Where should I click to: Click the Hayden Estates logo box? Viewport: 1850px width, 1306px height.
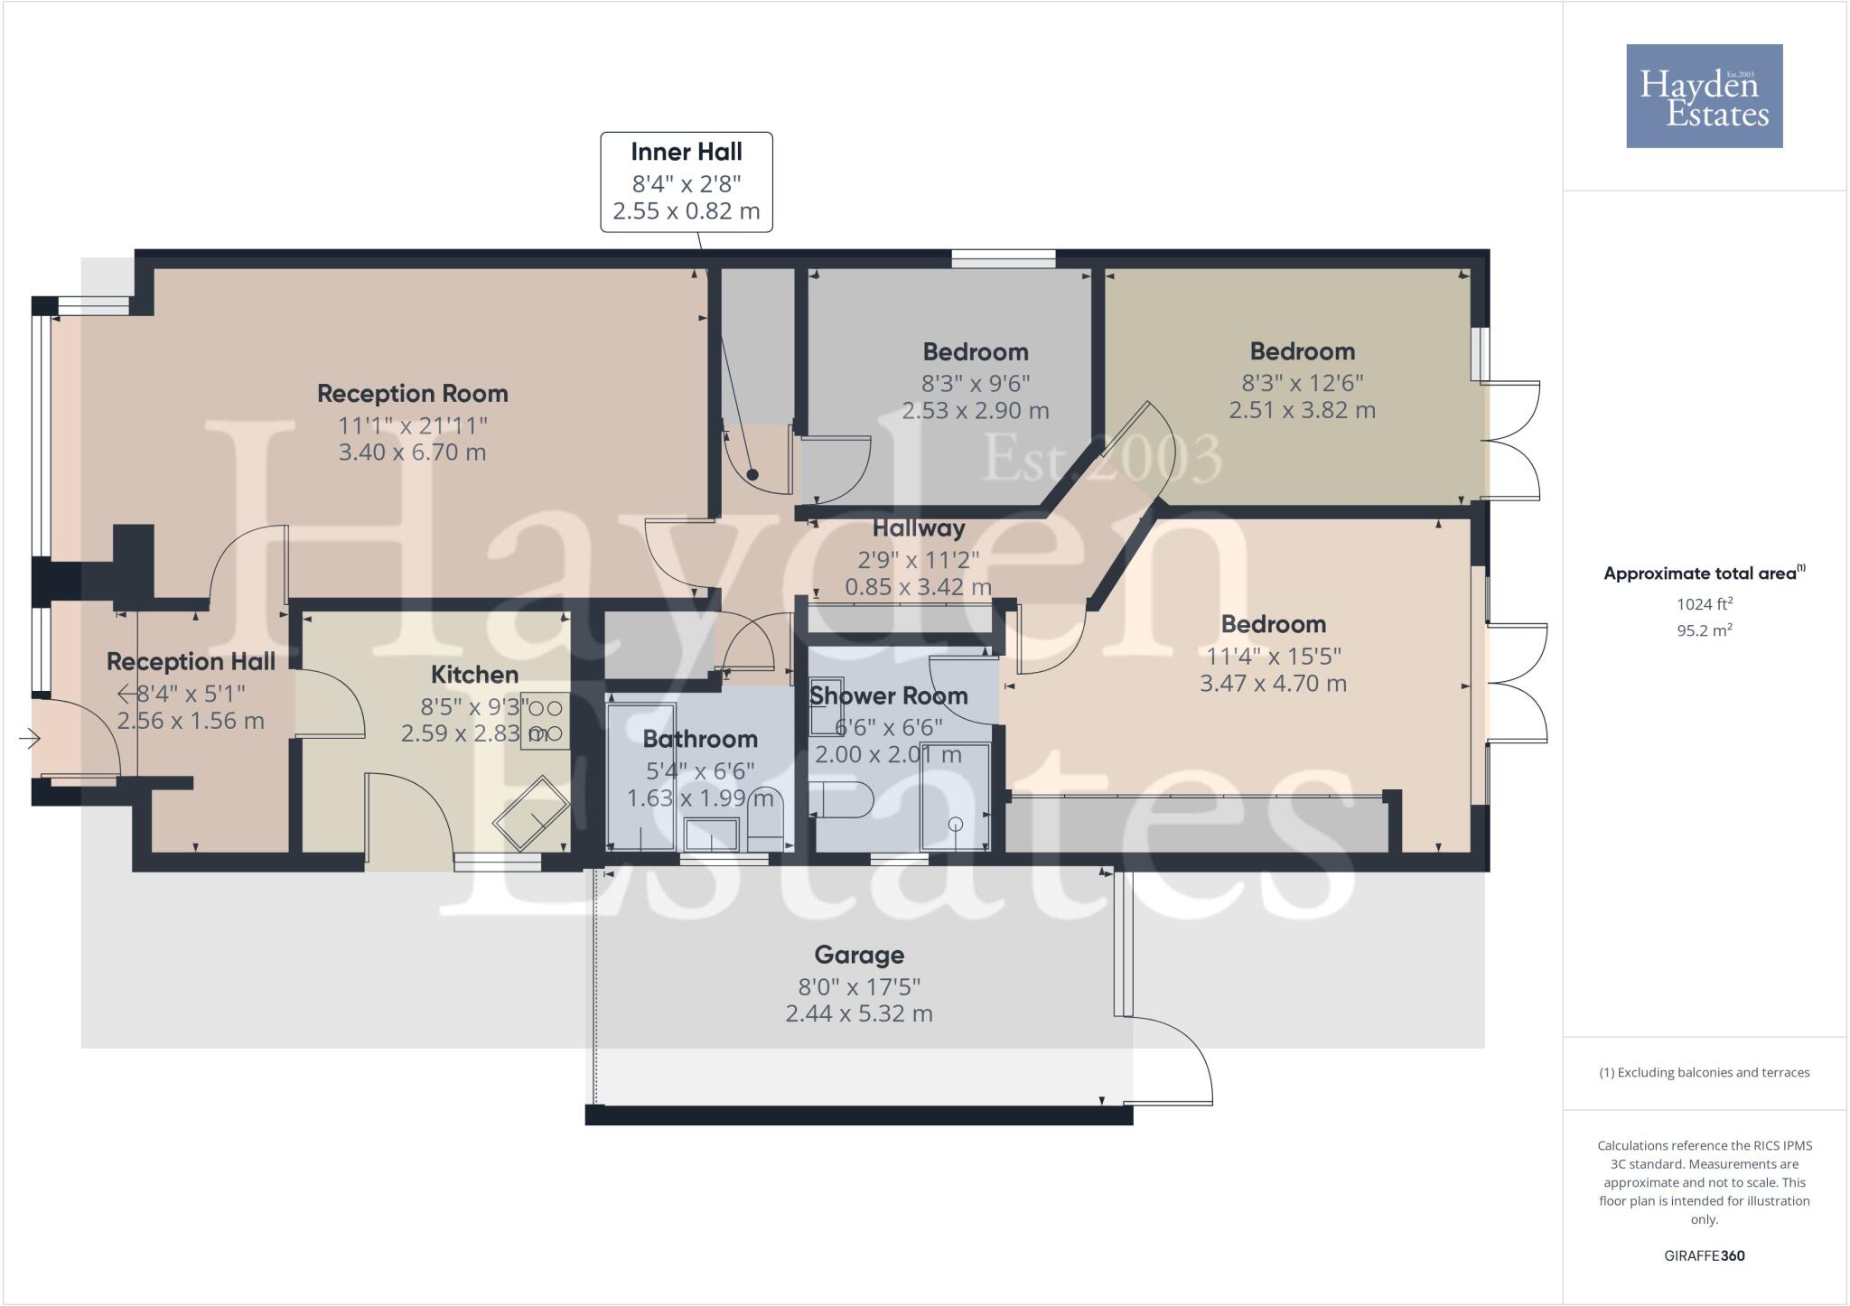pos(1704,96)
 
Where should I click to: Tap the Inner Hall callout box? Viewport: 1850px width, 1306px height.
pos(687,182)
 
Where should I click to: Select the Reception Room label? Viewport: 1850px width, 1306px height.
pos(412,394)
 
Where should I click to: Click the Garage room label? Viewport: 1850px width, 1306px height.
pos(858,955)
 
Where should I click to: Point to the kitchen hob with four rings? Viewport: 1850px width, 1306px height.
pos(546,720)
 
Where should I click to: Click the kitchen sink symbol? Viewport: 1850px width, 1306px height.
pos(531,812)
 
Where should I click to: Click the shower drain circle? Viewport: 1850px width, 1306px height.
pos(956,824)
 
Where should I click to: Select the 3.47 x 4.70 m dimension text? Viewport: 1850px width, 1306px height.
pos(1273,684)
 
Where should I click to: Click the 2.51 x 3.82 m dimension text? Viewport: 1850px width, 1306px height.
pos(1302,410)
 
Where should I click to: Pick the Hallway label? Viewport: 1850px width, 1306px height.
pos(918,528)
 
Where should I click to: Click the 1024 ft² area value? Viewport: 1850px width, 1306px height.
pos(1704,604)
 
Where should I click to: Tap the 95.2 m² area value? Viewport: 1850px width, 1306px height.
pos(1704,630)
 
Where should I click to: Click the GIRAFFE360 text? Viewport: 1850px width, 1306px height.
pos(1704,1255)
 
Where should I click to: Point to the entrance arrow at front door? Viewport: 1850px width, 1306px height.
pos(29,740)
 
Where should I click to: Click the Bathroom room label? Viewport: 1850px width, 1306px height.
pos(700,739)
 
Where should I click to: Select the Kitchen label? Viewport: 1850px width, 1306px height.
pos(474,675)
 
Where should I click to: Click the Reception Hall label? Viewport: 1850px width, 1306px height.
pos(191,662)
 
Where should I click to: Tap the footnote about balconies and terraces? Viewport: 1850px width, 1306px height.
pos(1704,1073)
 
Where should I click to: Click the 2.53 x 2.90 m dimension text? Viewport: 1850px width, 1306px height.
pos(975,411)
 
